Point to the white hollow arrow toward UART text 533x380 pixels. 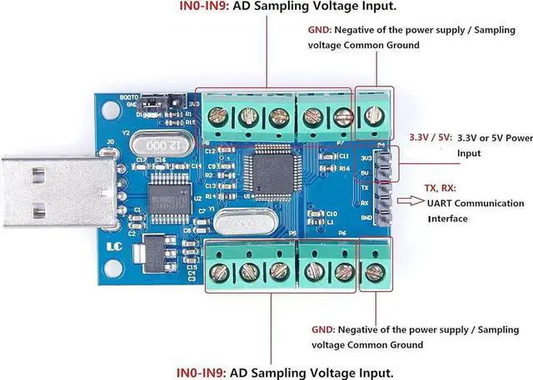[x=412, y=200]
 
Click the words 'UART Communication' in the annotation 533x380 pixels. [x=476, y=204]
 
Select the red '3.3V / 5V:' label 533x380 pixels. [x=430, y=137]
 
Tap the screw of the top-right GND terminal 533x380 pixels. [x=372, y=119]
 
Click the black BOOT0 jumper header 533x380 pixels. [x=162, y=108]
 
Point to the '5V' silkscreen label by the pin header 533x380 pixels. [x=366, y=171]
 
